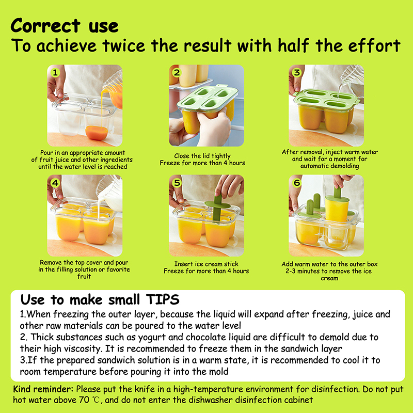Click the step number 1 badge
click(55, 72)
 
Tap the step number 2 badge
click(177, 72)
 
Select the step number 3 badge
click(297, 72)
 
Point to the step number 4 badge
click(55, 183)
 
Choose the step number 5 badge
click(177, 183)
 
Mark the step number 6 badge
click(297, 183)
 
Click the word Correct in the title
click(45, 26)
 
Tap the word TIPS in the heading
click(163, 299)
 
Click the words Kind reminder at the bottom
click(43, 389)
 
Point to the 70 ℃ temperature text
click(89, 400)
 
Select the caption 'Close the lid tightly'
click(202, 156)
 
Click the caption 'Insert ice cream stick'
click(206, 264)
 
